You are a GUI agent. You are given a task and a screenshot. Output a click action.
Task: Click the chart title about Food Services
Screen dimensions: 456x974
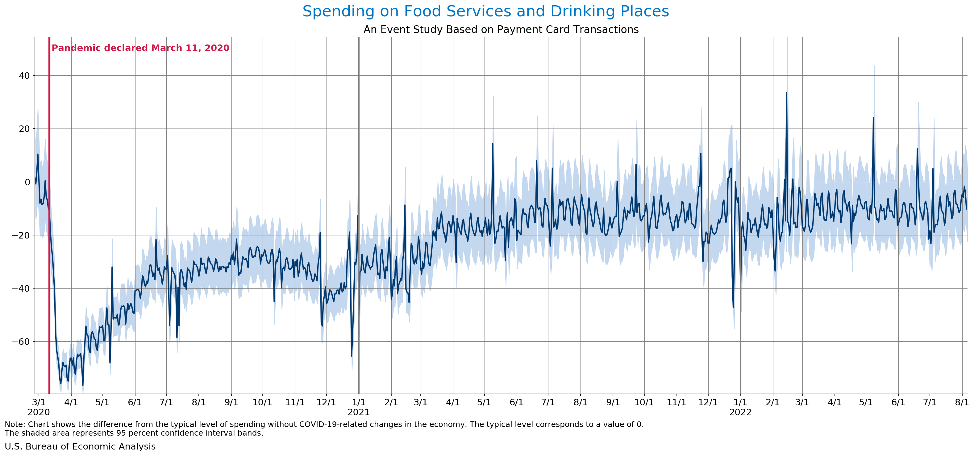pyautogui.click(x=485, y=11)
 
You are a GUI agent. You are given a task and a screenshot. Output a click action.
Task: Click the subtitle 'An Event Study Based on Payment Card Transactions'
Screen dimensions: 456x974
pyautogui.click(x=501, y=30)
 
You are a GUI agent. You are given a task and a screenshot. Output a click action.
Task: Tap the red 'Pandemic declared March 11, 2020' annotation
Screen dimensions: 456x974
pyautogui.click(x=140, y=48)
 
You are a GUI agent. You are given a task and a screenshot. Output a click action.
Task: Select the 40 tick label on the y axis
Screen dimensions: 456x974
pyautogui.click(x=24, y=76)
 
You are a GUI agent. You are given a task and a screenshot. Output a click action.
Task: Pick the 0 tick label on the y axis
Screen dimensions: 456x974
pyautogui.click(x=27, y=182)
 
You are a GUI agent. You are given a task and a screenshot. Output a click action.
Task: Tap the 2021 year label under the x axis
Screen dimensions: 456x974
pyautogui.click(x=358, y=412)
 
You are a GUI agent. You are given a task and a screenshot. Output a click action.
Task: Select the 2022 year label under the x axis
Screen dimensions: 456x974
pyautogui.click(x=740, y=412)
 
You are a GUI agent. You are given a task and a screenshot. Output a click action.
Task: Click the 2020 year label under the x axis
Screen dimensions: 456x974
pyautogui.click(x=39, y=412)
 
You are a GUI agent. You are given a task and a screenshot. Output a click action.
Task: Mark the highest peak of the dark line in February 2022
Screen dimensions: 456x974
pyautogui.click(x=786, y=93)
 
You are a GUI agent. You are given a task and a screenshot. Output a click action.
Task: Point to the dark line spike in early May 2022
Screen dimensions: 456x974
pyautogui.click(x=873, y=118)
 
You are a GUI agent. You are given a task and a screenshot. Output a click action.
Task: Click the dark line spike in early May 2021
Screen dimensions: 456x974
pyautogui.click(x=492, y=144)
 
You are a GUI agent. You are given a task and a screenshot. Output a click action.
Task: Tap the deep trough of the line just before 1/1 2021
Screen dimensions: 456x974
pyautogui.click(x=351, y=355)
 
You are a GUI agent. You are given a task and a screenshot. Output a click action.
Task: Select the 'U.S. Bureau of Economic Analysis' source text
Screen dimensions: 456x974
pyautogui.click(x=80, y=446)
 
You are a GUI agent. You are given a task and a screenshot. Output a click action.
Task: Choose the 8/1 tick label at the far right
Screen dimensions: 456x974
pyautogui.click(x=962, y=402)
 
